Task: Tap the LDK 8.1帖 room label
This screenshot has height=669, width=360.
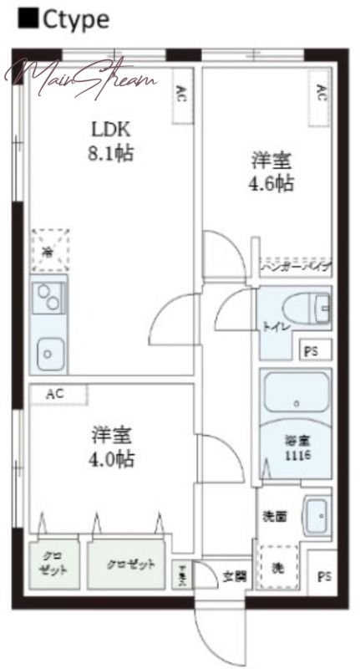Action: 112,142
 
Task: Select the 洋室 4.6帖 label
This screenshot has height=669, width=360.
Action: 272,172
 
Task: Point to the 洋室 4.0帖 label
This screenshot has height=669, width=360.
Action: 113,447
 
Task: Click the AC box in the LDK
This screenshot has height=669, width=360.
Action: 181,94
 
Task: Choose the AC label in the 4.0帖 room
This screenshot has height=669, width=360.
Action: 55,394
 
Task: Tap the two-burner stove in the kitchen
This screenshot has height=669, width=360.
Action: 48,297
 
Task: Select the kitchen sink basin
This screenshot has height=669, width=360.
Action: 48,354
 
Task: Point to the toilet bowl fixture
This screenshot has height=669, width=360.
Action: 300,309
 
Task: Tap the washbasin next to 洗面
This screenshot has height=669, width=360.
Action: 317,518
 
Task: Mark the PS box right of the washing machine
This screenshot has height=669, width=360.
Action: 324,576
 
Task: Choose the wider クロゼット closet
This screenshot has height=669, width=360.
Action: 130,564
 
